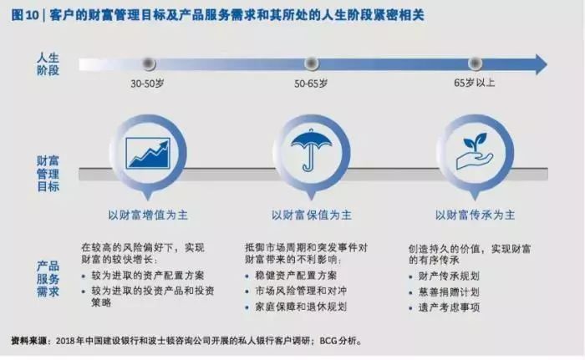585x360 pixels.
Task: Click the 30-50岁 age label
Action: (x=147, y=84)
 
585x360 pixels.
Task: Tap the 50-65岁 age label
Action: (x=311, y=84)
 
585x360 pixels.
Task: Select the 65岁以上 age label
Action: (x=474, y=83)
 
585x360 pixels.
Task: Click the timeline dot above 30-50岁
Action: (x=149, y=63)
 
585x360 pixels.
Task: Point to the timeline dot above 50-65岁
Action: (x=311, y=63)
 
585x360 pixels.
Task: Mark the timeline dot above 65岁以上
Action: (x=475, y=63)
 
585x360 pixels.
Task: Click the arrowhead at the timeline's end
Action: (x=542, y=64)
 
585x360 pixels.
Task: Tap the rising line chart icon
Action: (x=148, y=153)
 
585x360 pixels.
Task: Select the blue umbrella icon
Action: (x=311, y=150)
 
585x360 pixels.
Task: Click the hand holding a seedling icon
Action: (x=475, y=151)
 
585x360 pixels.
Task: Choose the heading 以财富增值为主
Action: (x=148, y=215)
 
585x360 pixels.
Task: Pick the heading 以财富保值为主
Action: (x=311, y=215)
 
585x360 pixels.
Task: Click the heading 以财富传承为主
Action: (x=475, y=215)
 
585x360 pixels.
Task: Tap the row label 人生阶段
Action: (x=48, y=63)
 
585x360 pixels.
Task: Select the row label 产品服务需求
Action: (x=48, y=279)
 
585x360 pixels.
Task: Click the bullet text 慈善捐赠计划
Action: (x=449, y=292)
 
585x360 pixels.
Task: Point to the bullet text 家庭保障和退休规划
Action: (x=301, y=307)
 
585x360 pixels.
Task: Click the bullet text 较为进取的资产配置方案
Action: (x=148, y=276)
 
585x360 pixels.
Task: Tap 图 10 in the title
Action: (x=24, y=15)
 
